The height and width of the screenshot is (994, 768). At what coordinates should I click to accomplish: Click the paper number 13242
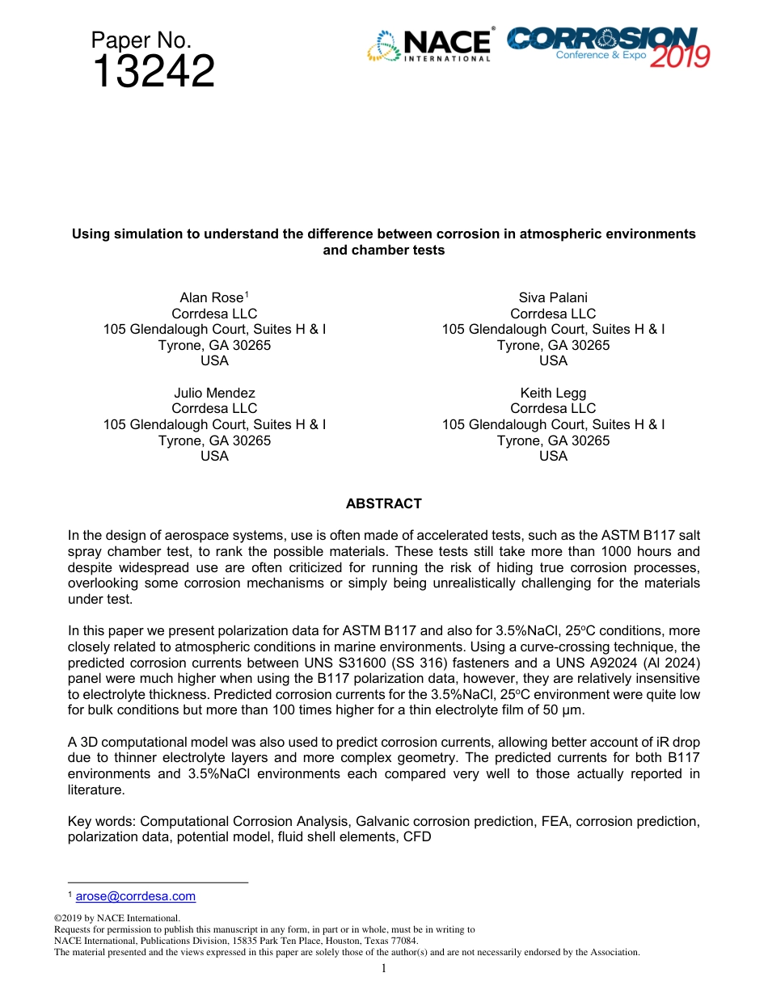[153, 73]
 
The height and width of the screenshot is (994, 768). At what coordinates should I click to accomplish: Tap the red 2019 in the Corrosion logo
[680, 56]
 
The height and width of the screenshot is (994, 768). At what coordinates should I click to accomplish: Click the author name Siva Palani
[553, 298]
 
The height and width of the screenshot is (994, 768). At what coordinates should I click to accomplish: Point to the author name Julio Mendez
[214, 394]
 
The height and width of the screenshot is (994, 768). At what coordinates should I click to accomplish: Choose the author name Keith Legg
[553, 394]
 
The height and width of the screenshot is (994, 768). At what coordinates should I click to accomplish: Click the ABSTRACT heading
[383, 504]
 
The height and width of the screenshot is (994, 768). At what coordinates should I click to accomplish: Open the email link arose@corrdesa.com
[135, 896]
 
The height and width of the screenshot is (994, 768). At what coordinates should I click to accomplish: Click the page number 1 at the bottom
[384, 969]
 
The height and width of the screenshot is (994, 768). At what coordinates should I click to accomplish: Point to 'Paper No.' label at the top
[141, 40]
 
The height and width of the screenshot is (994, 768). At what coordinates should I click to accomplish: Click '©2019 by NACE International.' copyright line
[116, 919]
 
